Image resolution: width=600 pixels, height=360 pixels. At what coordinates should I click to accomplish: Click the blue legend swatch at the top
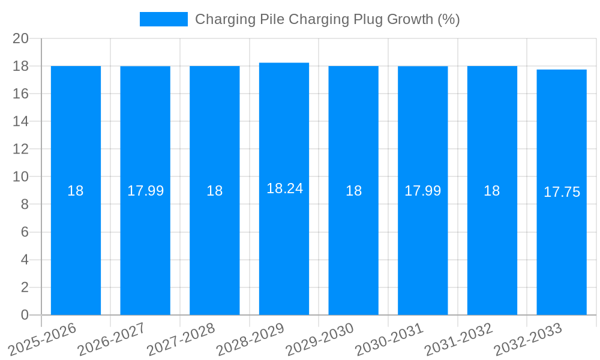[x=163, y=19]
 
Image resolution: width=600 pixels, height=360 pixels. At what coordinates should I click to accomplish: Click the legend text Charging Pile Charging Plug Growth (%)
[x=327, y=19]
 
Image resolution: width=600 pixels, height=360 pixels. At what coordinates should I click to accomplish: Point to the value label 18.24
[x=284, y=188]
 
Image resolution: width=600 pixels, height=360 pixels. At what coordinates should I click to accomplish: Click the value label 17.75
[x=562, y=192]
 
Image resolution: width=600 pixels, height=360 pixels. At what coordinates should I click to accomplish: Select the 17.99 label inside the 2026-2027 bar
[x=145, y=191]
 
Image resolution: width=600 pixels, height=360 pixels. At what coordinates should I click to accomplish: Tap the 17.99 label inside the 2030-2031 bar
[x=422, y=191]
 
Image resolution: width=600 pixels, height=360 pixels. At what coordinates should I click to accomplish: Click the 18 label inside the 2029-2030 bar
[x=353, y=191]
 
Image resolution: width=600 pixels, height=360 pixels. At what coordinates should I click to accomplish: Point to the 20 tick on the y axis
[x=21, y=38]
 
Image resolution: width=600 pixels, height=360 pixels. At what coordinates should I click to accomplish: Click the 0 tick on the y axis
[x=25, y=315]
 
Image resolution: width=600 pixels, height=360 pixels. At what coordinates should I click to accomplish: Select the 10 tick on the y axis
[x=21, y=177]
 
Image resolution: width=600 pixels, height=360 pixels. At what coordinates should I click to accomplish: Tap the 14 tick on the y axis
[x=21, y=121]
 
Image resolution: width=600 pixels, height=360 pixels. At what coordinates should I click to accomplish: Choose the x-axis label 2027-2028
[x=181, y=339]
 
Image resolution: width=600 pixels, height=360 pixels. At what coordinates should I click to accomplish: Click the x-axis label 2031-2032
[x=458, y=339]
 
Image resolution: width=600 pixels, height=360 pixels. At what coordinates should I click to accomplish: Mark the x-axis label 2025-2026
[x=42, y=339]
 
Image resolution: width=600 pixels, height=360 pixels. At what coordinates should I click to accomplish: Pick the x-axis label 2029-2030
[x=319, y=339]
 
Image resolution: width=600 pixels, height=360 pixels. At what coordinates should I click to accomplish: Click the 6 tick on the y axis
[x=25, y=232]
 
